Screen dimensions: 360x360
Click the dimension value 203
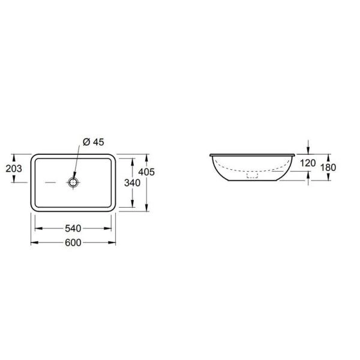pos(14,169)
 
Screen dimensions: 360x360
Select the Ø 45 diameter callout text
pos(94,142)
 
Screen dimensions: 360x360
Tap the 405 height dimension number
pos(146,172)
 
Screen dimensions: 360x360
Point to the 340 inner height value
pos(132,183)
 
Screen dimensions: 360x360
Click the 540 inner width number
pos(73,229)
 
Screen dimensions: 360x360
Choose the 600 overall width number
pos(73,242)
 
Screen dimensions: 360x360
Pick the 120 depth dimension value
pos(308,163)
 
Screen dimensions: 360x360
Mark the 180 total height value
pos(328,167)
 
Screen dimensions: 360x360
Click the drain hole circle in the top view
pos(73,182)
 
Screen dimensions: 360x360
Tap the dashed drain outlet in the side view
pos(253,175)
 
